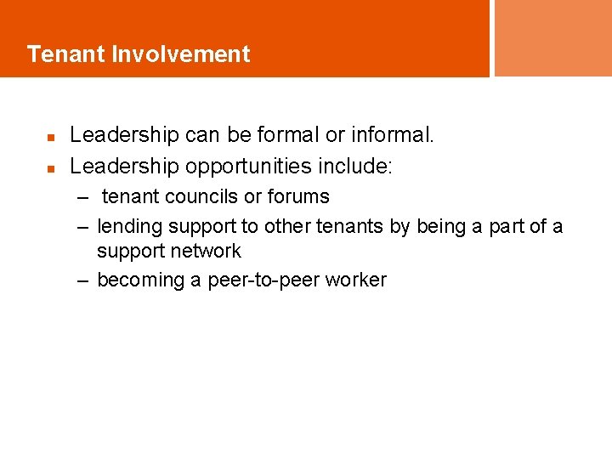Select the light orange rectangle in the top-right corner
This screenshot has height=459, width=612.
tap(552, 37)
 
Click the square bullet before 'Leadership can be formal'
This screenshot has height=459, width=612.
tap(51, 136)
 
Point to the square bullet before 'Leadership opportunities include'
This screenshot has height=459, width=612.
tap(51, 168)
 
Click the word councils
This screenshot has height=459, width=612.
tap(202, 196)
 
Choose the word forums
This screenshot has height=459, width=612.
tap(298, 196)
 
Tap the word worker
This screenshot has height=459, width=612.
tap(358, 280)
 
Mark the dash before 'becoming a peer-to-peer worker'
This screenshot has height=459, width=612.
tap(82, 280)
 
